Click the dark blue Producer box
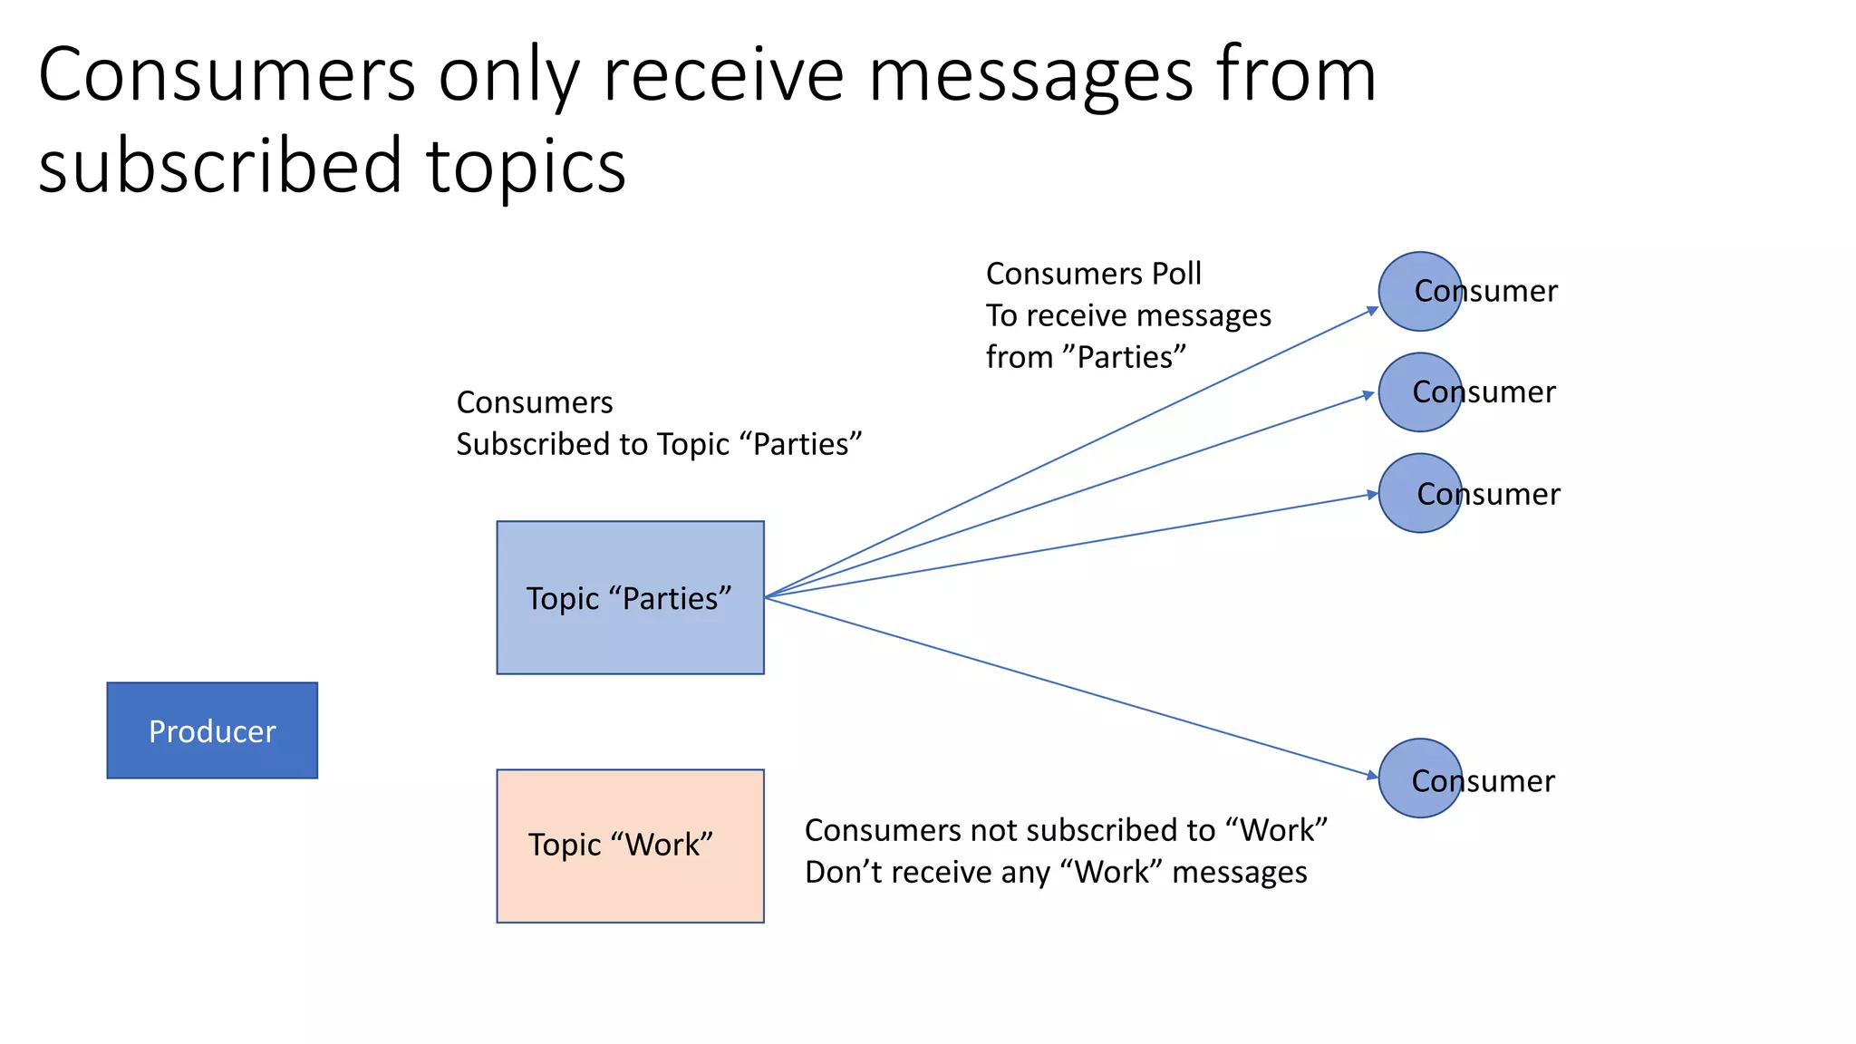[212, 730]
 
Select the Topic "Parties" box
[630, 597]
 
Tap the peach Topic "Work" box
[630, 846]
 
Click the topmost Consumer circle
[1419, 291]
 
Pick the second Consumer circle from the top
[1419, 392]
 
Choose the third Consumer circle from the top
[1419, 493]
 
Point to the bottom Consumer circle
[1419, 778]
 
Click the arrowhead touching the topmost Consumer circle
[1371, 311]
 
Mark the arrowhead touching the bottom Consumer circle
[1371, 775]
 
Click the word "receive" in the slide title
[722, 75]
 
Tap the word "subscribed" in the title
[220, 166]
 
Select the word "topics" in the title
[526, 166]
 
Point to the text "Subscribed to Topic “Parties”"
[659, 444]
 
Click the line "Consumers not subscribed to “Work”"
[1066, 830]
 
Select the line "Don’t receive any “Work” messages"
[1056, 872]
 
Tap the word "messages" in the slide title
[1030, 75]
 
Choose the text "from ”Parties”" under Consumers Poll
[1086, 357]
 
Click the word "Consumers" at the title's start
[227, 75]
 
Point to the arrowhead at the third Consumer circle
[1371, 495]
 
